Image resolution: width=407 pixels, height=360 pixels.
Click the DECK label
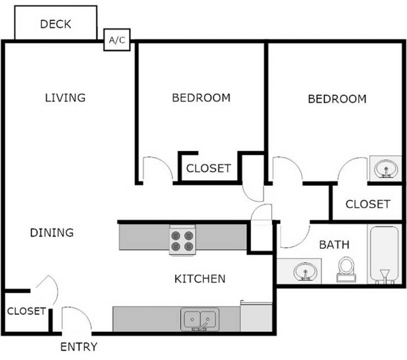[56, 24]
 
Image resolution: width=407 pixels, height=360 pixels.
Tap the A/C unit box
[117, 40]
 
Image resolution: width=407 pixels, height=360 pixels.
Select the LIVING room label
[65, 97]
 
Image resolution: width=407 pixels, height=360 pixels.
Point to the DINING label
[52, 233]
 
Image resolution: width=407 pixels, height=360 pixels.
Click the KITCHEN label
[200, 278]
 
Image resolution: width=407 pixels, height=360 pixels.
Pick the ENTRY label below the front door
[79, 347]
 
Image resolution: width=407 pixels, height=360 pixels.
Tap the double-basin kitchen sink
[200, 319]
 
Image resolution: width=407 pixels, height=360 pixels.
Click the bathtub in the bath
[384, 255]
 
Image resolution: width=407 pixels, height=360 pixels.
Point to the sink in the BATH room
[305, 270]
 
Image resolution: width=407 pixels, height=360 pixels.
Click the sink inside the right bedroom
[387, 168]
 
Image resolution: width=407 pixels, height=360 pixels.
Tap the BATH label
[334, 245]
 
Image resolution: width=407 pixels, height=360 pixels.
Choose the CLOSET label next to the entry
[26, 311]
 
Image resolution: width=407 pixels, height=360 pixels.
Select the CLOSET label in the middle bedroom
[208, 169]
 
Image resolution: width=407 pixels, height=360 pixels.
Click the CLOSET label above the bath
[367, 204]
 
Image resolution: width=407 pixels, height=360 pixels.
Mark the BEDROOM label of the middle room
[201, 98]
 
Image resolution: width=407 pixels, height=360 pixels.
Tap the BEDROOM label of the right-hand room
[337, 99]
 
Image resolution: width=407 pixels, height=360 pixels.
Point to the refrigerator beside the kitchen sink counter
[256, 317]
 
